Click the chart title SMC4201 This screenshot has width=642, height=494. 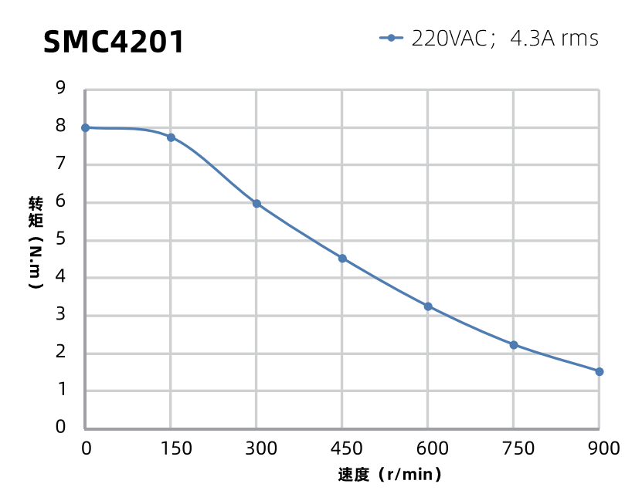pos(114,42)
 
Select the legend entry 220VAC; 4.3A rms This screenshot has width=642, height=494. pos(490,38)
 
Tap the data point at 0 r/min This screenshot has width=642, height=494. pos(85,127)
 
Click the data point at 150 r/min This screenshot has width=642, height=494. pos(171,137)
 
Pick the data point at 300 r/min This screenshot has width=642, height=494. pos(256,204)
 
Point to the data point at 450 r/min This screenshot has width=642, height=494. pos(342,258)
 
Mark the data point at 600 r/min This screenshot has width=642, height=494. pos(428,306)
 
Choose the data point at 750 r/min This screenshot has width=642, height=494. pos(514,345)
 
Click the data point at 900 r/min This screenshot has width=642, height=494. pos(600,371)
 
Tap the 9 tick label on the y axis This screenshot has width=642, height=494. pos(60,88)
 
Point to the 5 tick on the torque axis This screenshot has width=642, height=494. pos(60,239)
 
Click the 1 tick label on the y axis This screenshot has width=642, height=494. pos(60,390)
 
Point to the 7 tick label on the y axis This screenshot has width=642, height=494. pos(60,164)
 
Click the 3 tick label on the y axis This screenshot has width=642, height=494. pos(60,315)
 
